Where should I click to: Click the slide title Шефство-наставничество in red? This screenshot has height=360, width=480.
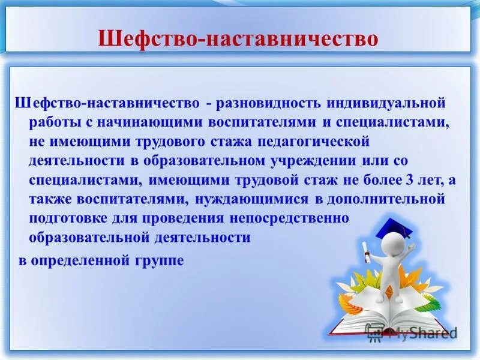239,39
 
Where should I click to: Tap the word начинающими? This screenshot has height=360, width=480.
145,122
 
